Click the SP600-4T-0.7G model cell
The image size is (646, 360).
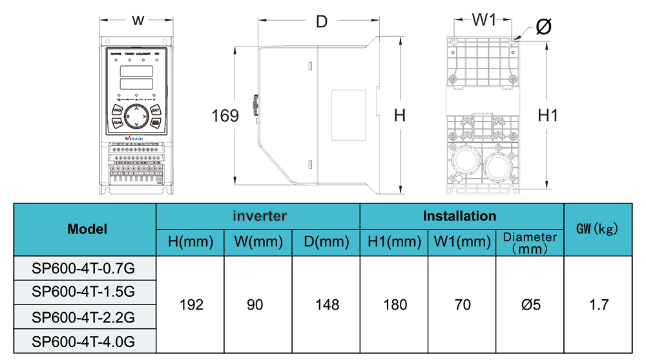pos(84,267)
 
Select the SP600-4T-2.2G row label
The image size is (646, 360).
pos(84,317)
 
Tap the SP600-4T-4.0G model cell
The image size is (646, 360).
pos(84,341)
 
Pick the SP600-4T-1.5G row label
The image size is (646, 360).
pos(84,291)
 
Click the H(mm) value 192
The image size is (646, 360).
pos(191,304)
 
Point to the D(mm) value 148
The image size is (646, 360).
pos(326,304)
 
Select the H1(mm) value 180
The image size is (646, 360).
pos(394,304)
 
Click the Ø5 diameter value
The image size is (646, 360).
pos(530,304)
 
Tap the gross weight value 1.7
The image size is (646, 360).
pos(598,304)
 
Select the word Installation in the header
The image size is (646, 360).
pos(460,216)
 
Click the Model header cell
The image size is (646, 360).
pos(87,229)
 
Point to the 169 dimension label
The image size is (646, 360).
pos(225,116)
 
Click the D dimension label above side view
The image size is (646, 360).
pos(321,21)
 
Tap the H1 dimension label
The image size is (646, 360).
pos(548,116)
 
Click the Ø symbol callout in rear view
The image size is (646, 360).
pos(543,26)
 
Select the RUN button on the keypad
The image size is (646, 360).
pos(118,122)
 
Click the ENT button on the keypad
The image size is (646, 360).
pos(156,111)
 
